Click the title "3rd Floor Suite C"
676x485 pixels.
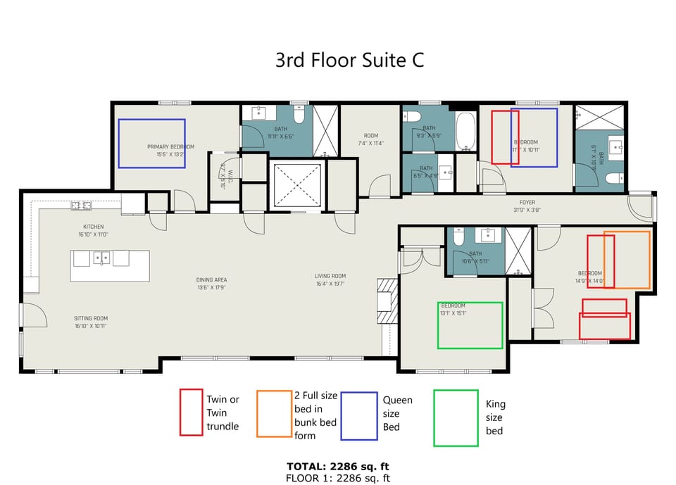[x=349, y=60]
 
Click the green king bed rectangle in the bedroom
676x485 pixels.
[x=470, y=325]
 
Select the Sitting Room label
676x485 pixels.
[x=91, y=322]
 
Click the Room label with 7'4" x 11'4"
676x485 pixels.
[x=371, y=139]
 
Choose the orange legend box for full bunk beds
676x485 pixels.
[x=274, y=414]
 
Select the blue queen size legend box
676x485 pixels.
[x=358, y=415]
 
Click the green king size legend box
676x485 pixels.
[x=456, y=418]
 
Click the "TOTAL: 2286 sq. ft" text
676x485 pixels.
[x=337, y=466]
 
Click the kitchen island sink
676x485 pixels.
[x=102, y=258]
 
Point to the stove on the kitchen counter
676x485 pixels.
[x=81, y=206]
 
